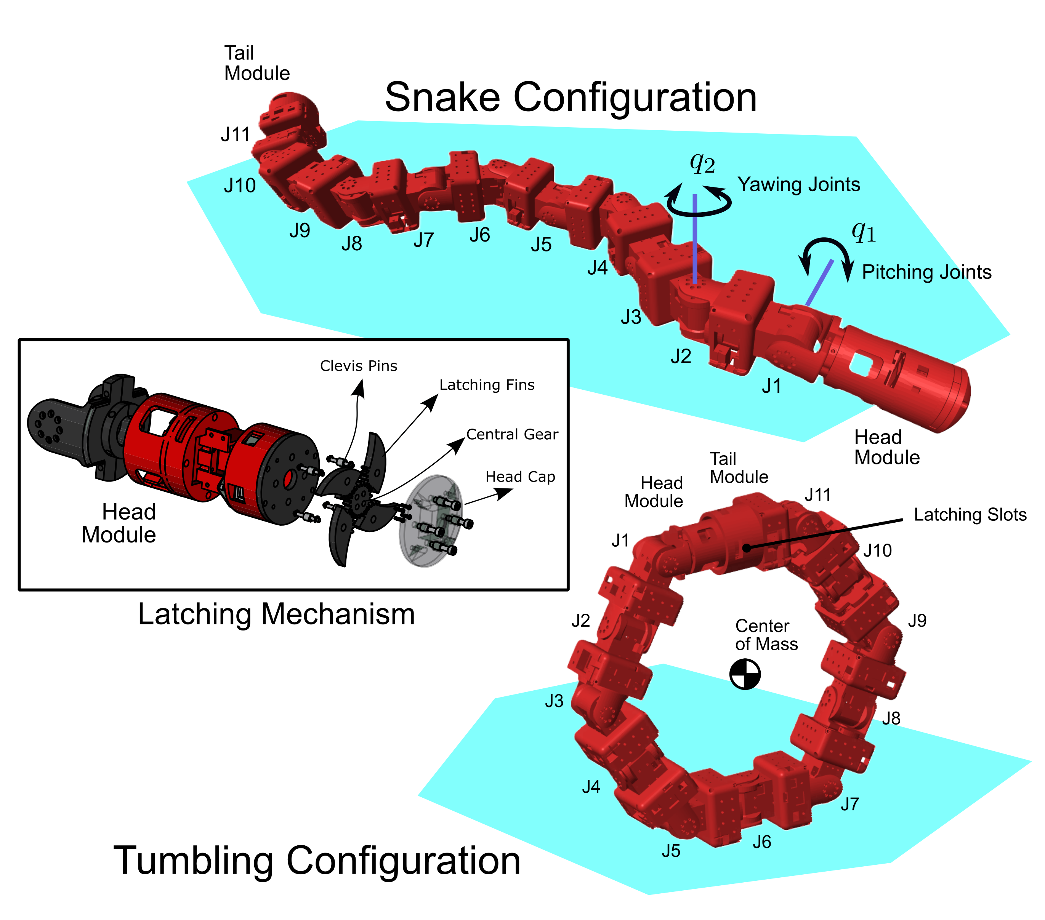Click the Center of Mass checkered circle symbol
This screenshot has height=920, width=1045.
tap(745, 675)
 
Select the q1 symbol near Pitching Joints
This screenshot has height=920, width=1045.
tap(864, 232)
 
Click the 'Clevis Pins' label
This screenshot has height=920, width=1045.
tap(358, 366)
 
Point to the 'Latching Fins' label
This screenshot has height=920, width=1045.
tap(487, 385)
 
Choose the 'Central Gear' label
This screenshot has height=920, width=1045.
tap(512, 434)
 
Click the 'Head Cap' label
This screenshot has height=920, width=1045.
tap(520, 477)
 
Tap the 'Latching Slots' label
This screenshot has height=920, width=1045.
tap(970, 515)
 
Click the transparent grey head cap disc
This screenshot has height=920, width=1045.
tap(431, 521)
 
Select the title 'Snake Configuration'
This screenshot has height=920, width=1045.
tap(571, 97)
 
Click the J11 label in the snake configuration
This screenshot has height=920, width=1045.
tap(235, 135)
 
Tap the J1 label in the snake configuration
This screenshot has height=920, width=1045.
tap(771, 386)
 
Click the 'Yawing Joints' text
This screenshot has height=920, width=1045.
tap(798, 184)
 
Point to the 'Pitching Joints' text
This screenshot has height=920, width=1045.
tap(926, 272)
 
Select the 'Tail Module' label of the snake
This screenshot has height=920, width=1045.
tap(256, 63)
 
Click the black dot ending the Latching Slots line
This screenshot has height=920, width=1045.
tap(747, 548)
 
